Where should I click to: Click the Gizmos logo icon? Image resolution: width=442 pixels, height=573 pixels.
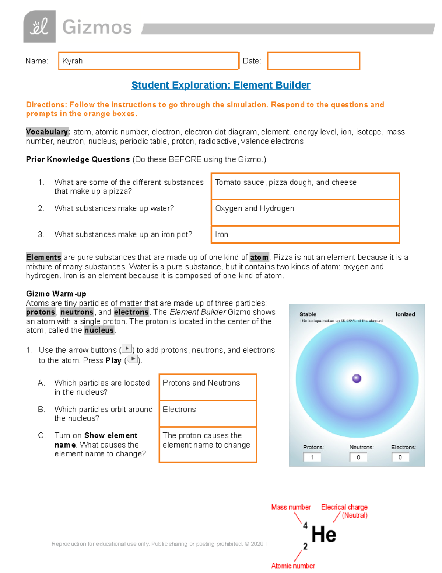(x=39, y=27)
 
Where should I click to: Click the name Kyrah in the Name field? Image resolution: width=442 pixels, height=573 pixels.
(x=72, y=61)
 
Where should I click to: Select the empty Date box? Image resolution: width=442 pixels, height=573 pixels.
(x=313, y=61)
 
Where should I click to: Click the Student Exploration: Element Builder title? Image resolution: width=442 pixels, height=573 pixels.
(x=221, y=85)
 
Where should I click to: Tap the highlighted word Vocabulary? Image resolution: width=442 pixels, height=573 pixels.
(x=47, y=132)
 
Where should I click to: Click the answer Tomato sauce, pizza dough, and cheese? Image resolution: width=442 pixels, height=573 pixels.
(x=285, y=182)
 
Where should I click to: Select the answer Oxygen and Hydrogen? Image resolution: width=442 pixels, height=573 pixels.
(x=255, y=208)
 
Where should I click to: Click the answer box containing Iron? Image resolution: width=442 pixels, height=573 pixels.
(x=305, y=235)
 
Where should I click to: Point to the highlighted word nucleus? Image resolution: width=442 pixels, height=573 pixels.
(x=99, y=330)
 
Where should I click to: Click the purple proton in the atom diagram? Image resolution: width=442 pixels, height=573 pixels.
(x=357, y=379)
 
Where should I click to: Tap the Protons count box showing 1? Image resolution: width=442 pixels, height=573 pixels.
(x=312, y=457)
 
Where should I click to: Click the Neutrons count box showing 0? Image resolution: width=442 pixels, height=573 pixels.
(x=358, y=457)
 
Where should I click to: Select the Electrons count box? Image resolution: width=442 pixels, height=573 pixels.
(x=400, y=457)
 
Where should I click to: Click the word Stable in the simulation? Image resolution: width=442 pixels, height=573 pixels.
(x=308, y=314)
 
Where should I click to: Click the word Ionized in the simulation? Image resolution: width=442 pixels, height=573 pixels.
(x=405, y=314)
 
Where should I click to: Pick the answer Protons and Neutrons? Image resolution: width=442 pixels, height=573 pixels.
(x=201, y=383)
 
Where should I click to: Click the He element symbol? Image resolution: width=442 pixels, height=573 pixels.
(x=323, y=534)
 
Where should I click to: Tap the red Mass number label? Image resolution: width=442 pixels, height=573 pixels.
(x=291, y=507)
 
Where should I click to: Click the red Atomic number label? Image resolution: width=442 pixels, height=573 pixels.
(x=293, y=566)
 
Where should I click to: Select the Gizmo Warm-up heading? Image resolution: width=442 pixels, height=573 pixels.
(x=56, y=294)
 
